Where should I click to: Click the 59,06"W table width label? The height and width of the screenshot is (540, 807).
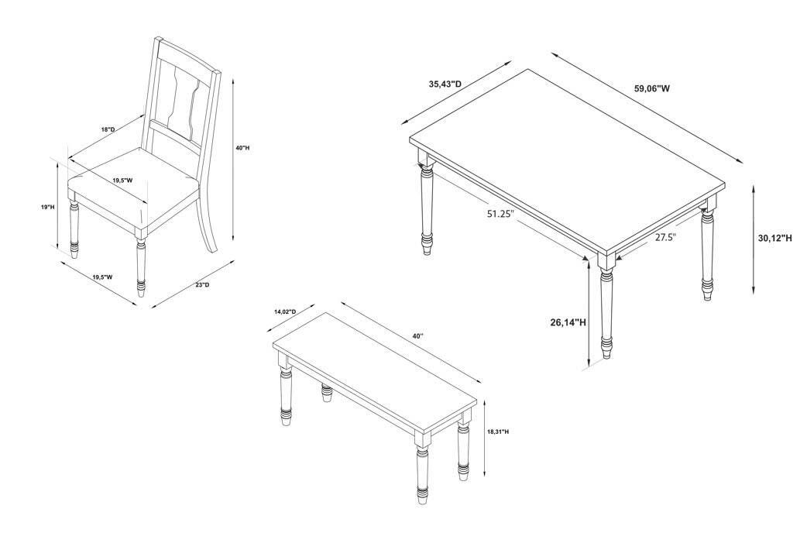[x=652, y=88]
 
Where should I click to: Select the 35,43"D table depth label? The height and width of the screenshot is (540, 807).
[x=445, y=84]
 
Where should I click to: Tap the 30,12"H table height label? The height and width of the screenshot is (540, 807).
[x=775, y=238]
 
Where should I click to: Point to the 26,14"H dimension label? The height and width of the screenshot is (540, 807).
[x=568, y=322]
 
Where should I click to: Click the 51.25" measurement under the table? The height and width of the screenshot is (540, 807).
[x=501, y=214]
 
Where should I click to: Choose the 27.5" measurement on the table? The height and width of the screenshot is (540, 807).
[x=665, y=237]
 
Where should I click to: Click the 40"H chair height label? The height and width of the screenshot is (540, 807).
[x=242, y=148]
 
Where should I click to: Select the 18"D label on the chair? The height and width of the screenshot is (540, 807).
[x=108, y=129]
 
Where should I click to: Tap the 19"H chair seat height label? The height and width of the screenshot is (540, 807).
[x=47, y=207]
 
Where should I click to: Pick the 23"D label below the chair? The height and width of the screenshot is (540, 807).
[x=202, y=284]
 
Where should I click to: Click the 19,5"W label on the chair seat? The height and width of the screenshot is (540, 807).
[x=122, y=181]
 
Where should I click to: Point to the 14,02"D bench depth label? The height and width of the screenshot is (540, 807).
[x=285, y=312]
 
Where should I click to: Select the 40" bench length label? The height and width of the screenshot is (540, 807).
[x=418, y=336]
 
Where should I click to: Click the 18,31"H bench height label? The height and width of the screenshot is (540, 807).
[x=498, y=432]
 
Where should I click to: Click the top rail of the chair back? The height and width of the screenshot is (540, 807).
[x=188, y=55]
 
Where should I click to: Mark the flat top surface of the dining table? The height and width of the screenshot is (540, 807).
[x=567, y=160]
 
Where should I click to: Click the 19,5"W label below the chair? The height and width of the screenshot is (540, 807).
[x=102, y=277]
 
